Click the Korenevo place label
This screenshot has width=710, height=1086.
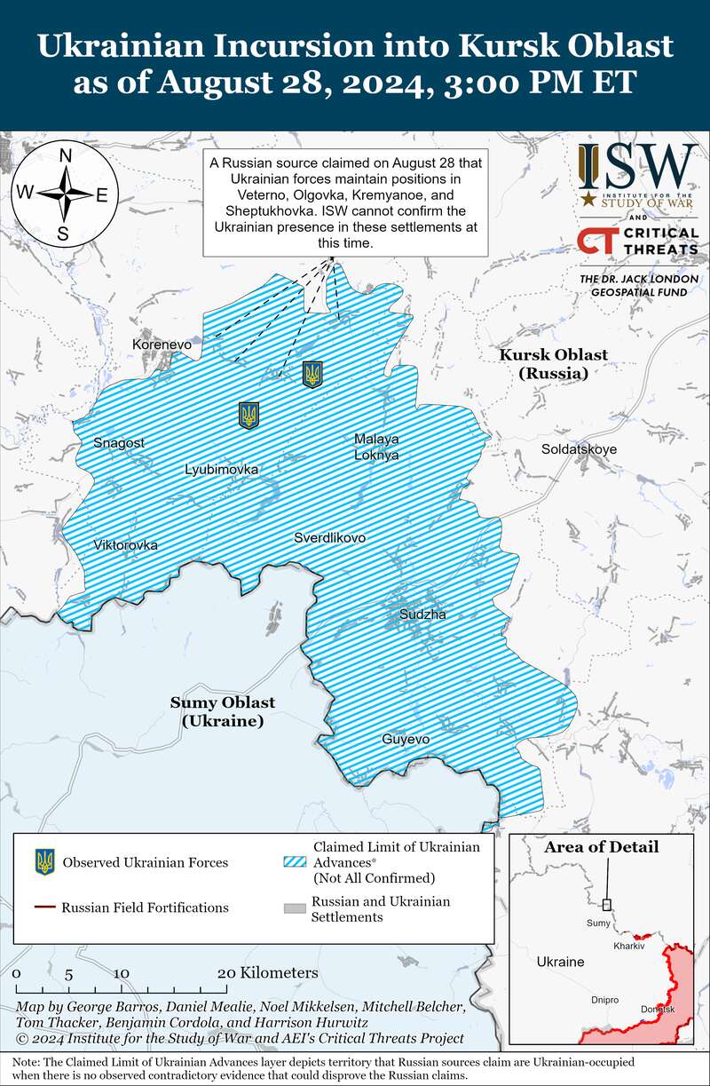pos(162,344)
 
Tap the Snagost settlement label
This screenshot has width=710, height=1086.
pos(119,442)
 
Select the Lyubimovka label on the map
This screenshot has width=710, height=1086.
pos(222,469)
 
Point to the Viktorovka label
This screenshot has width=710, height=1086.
pos(126,544)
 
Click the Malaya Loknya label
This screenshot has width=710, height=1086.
pos(376,447)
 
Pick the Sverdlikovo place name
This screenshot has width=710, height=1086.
pos(330,537)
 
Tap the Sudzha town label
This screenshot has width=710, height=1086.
pos(423,614)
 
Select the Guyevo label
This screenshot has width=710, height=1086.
pos(406,739)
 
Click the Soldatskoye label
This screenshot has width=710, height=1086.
pos(579,449)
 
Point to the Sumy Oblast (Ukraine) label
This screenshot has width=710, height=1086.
pos(223,711)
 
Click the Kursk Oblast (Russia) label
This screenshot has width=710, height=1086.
pos(554,363)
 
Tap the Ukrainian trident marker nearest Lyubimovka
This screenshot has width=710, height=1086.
pos(249,415)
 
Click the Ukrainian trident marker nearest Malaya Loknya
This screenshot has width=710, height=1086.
pos(312,374)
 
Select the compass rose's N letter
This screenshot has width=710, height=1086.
pos(65,156)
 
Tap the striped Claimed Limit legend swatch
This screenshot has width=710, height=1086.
pos(294,861)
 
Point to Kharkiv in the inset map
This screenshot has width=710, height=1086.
pos(627,946)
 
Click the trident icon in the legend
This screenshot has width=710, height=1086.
pos(44,861)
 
